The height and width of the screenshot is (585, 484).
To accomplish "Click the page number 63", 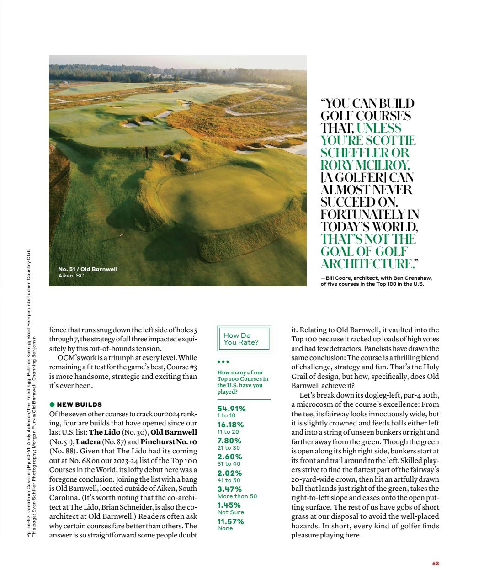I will pyautogui.click(x=435, y=564).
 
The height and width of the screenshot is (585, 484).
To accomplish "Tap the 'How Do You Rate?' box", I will pyautogui.click(x=244, y=339).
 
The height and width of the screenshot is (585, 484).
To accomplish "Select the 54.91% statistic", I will pyautogui.click(x=231, y=409).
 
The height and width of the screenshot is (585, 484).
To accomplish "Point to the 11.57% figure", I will pyautogui.click(x=230, y=521).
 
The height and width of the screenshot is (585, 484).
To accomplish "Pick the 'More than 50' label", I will pyautogui.click(x=237, y=496).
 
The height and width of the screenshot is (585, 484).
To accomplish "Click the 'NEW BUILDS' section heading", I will pyautogui.click(x=79, y=404).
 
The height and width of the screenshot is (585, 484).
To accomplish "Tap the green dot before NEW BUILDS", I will pyautogui.click(x=52, y=404).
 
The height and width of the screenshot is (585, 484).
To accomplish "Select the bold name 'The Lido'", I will pyautogui.click(x=104, y=432).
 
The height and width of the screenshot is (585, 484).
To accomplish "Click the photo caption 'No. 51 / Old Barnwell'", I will pyautogui.click(x=87, y=269).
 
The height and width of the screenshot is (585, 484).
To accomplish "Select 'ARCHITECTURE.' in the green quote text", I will pyautogui.click(x=369, y=264).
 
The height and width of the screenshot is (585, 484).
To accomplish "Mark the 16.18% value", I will pyautogui.click(x=230, y=425).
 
